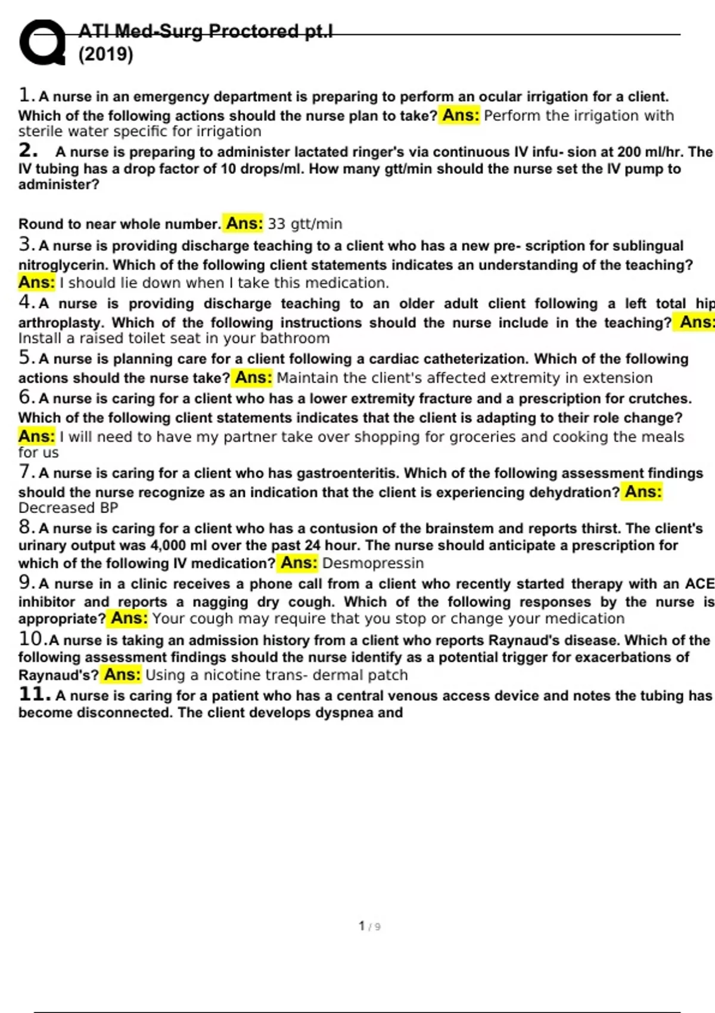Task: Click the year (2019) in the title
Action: point(105,55)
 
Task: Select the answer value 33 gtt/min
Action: point(304,224)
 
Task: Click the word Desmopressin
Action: point(373,563)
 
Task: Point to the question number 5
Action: point(25,358)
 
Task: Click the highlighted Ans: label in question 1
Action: point(461,115)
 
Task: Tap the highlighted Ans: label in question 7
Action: point(642,492)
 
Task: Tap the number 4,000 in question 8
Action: point(167,545)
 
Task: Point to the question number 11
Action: point(33,694)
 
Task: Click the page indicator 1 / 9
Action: point(369,926)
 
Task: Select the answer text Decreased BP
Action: point(68,508)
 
